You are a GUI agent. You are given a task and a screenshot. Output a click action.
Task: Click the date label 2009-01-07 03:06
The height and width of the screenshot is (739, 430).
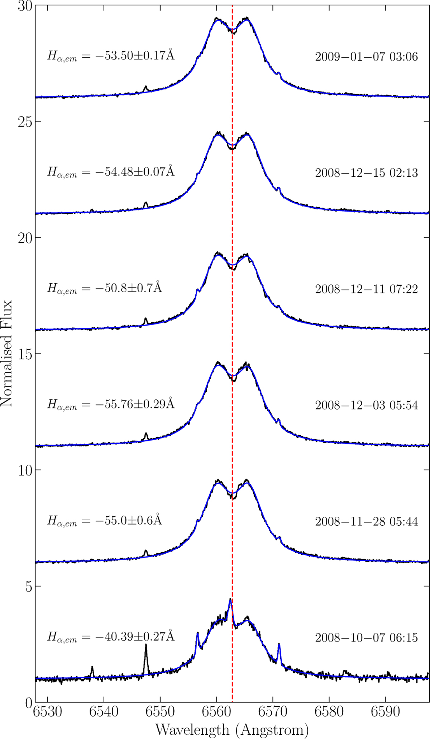pyautogui.click(x=366, y=57)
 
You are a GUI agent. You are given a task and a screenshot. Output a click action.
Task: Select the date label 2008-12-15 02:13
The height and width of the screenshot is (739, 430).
pyautogui.click(x=366, y=173)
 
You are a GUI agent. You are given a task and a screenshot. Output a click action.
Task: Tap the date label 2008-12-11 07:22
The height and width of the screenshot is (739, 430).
pyautogui.click(x=366, y=289)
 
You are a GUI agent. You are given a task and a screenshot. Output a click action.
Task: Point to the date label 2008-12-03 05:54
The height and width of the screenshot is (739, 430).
pyautogui.click(x=366, y=405)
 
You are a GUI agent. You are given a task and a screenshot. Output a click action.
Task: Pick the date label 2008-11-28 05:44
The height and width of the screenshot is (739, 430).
pyautogui.click(x=366, y=521)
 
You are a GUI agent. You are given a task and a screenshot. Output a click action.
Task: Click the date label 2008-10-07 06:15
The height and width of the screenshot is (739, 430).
pyautogui.click(x=366, y=638)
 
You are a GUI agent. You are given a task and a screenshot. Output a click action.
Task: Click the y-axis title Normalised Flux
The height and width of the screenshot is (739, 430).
pyautogui.click(x=6, y=353)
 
